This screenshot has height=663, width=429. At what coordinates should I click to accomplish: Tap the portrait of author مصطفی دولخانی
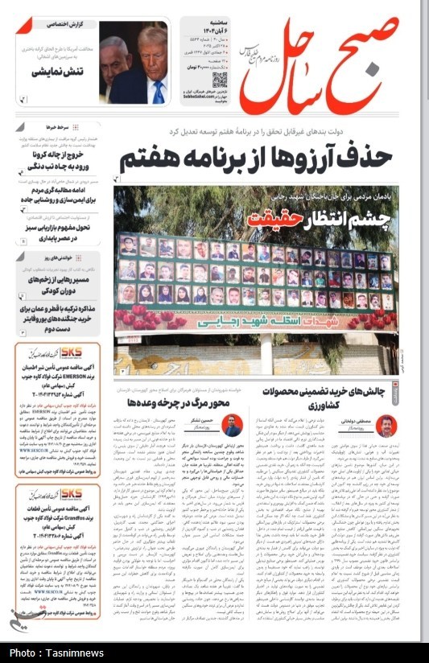coord(386,426)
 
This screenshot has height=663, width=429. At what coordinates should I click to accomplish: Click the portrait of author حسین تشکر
coord(232,426)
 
